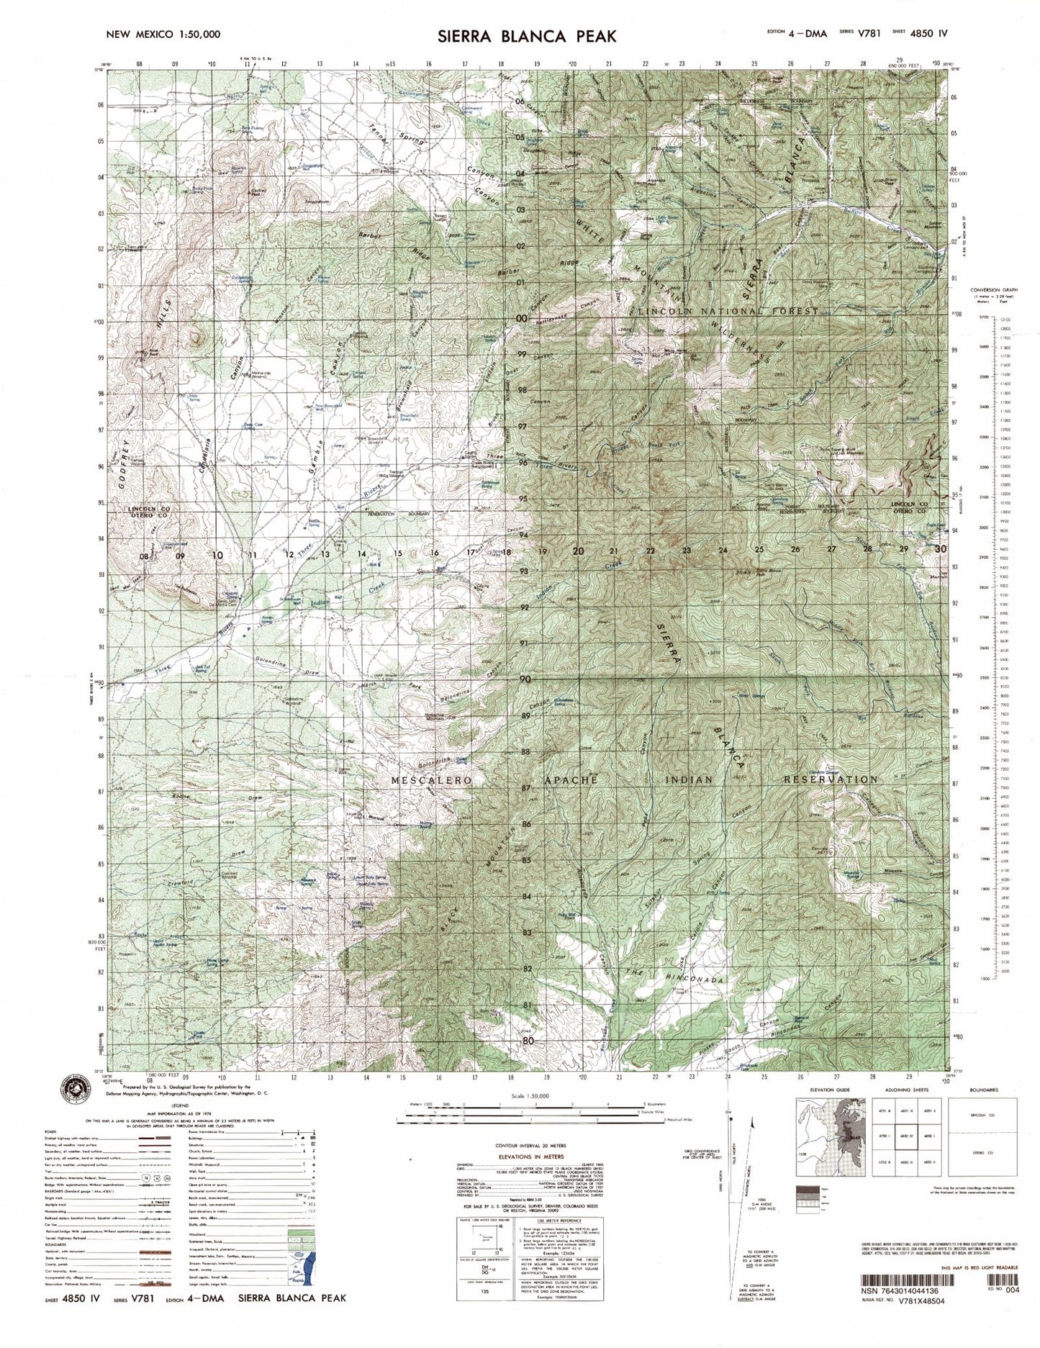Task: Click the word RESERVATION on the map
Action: click(x=831, y=779)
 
